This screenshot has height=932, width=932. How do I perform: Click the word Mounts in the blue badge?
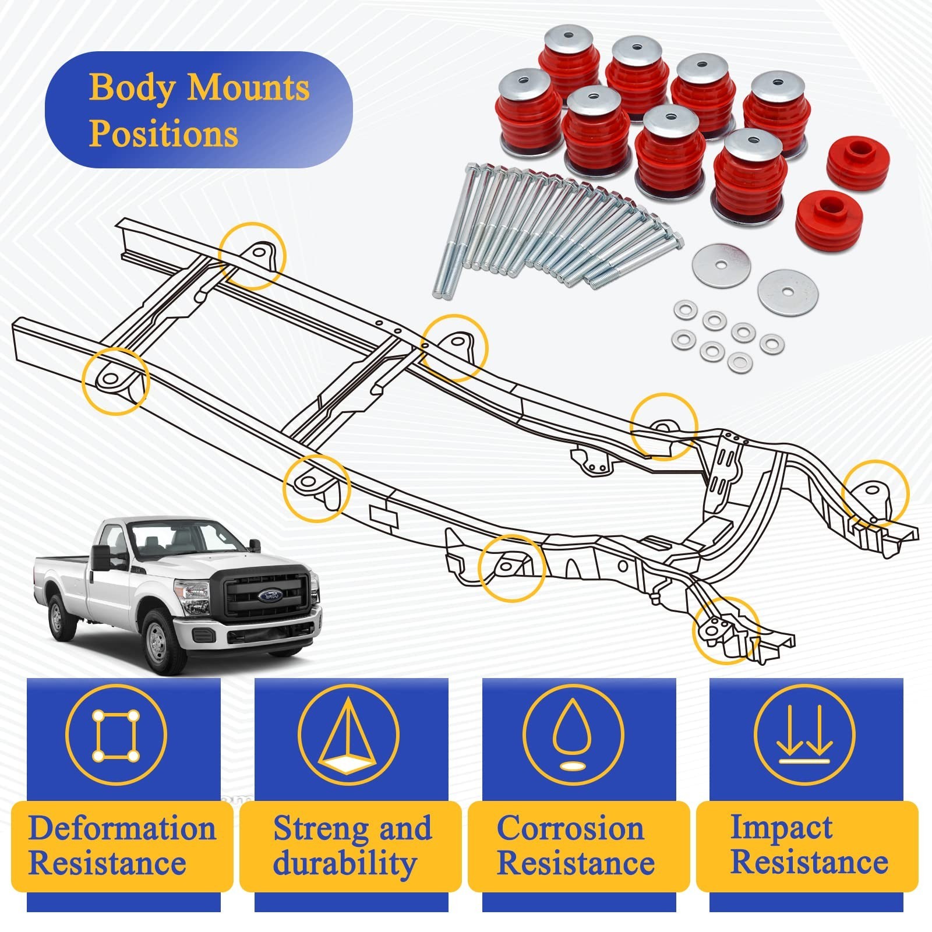point(248,88)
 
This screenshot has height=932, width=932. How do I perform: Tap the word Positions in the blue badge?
point(164,133)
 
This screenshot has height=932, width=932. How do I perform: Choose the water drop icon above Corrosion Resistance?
point(573,737)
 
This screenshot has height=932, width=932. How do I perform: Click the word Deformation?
point(122,828)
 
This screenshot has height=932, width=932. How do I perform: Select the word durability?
point(345,863)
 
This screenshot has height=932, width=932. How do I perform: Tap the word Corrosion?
point(570,828)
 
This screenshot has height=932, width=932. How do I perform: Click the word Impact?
point(782,828)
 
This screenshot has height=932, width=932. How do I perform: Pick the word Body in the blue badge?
point(132,88)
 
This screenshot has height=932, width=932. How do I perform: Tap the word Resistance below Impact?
point(809,862)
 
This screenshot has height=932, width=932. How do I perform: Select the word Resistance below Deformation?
point(107,863)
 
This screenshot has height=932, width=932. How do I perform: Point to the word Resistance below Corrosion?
point(576,863)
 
